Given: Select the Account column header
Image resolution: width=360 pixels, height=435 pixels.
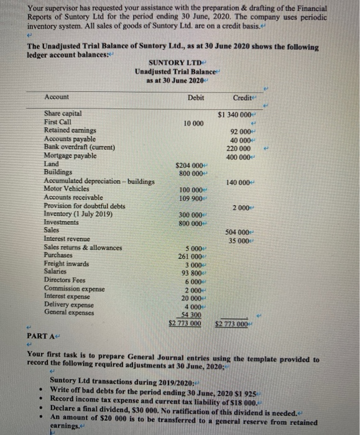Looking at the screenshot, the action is click(57, 97).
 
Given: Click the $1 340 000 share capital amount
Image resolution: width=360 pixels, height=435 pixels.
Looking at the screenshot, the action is click(234, 114).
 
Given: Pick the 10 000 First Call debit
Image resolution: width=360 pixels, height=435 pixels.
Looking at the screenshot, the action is click(193, 123).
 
